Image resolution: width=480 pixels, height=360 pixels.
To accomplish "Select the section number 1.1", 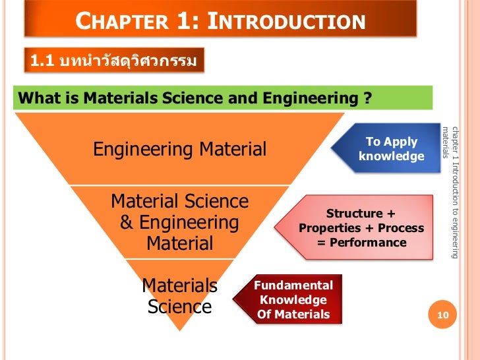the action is pyautogui.click(x=41, y=62).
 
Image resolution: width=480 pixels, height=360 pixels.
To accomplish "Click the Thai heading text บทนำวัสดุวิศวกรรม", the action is pyautogui.click(x=128, y=62).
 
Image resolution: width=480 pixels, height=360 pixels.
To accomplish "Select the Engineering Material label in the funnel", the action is pyautogui.click(x=179, y=149).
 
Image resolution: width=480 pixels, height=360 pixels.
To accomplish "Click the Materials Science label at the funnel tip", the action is pyautogui.click(x=179, y=296).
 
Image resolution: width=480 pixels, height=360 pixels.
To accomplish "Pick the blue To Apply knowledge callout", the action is pyautogui.click(x=392, y=149).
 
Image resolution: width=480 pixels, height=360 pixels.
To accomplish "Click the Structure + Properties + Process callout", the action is pyautogui.click(x=361, y=228).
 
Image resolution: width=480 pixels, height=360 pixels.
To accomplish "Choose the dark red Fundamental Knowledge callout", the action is pyautogui.click(x=293, y=300).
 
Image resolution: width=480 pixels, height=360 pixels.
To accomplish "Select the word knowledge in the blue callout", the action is pyautogui.click(x=392, y=156).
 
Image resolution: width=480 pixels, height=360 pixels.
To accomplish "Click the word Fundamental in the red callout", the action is pyautogui.click(x=293, y=285).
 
